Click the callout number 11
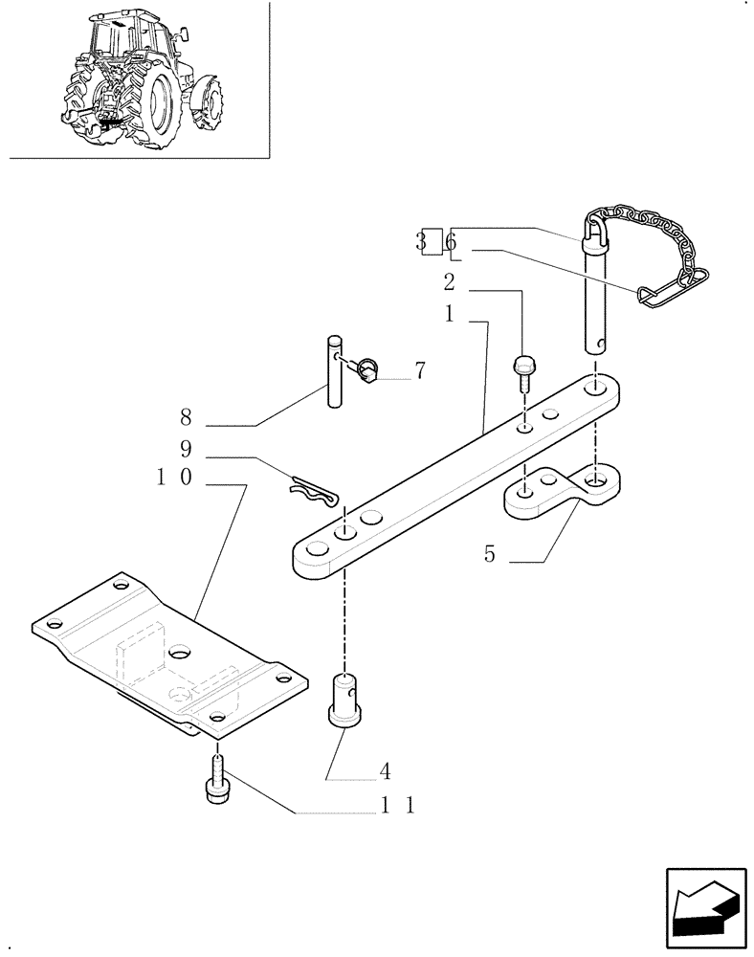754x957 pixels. (396, 806)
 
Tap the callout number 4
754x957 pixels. (384, 769)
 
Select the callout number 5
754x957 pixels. (489, 554)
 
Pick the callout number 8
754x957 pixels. (187, 417)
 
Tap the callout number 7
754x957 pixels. (419, 371)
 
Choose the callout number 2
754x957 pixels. (449, 282)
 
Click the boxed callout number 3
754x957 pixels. (421, 241)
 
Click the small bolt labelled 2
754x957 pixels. (524, 369)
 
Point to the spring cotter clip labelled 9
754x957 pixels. (314, 494)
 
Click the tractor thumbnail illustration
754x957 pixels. (144, 81)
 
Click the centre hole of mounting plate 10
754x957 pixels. (178, 652)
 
